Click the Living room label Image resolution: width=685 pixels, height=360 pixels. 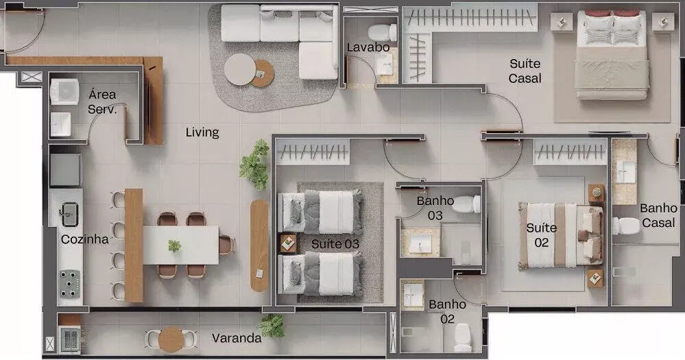click(x=202, y=132)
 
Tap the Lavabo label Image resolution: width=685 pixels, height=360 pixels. click(x=368, y=47)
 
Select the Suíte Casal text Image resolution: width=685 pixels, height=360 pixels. click(x=525, y=71)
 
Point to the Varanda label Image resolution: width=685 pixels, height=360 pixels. click(x=237, y=338)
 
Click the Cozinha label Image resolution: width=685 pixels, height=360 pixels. click(x=85, y=239)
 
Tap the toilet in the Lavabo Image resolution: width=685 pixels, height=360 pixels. click(x=382, y=32)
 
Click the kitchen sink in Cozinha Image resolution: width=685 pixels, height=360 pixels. click(x=69, y=214)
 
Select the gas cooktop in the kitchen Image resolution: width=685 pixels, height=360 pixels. click(x=70, y=283)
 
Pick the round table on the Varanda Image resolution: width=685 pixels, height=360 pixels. click(x=171, y=339)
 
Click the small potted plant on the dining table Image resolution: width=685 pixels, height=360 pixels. click(x=174, y=245)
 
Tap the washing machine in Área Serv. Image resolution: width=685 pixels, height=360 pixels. click(x=64, y=91)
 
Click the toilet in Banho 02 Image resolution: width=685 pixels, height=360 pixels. click(x=463, y=338)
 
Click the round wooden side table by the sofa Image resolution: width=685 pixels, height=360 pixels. click(x=263, y=73)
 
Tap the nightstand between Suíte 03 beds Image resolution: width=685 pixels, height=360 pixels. click(x=288, y=244)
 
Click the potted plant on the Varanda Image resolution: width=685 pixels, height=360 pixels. click(x=272, y=326)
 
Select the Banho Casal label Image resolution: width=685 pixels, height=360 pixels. click(x=658, y=215)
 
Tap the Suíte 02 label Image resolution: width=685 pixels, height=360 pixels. click(x=541, y=235)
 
